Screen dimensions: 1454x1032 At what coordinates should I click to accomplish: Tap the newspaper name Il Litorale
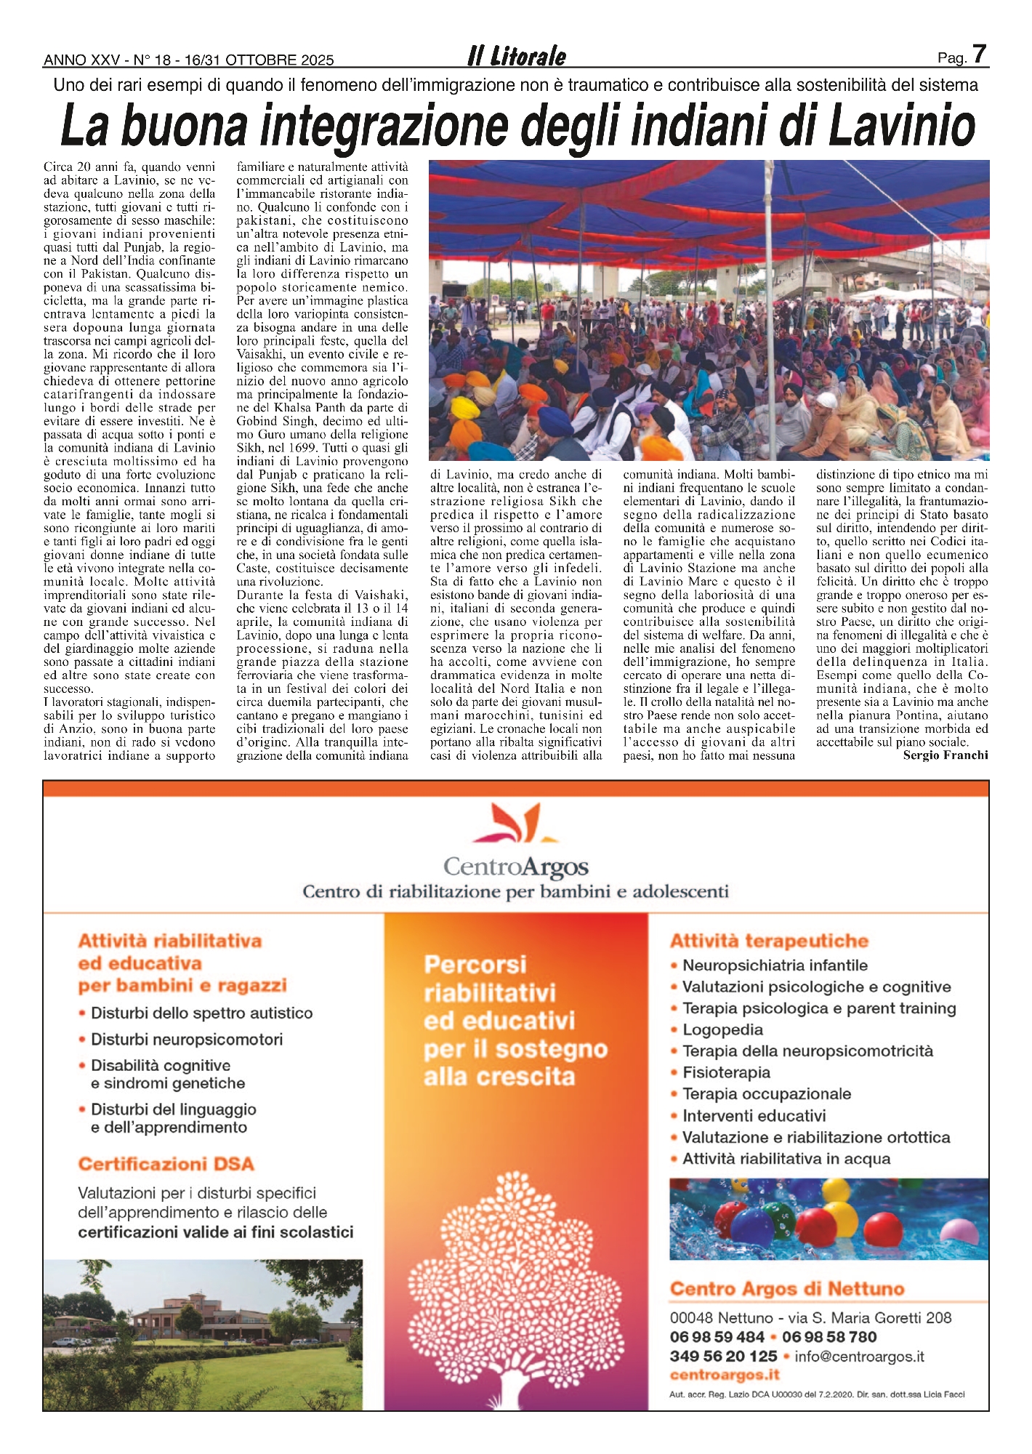[x=516, y=57]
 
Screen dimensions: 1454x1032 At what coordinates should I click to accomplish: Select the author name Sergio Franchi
[x=945, y=755]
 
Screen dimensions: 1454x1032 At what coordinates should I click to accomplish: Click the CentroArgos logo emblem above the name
[x=516, y=822]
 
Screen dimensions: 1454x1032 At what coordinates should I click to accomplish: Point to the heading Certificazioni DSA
[x=166, y=1164]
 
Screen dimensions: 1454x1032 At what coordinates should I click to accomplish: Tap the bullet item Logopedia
[x=722, y=1029]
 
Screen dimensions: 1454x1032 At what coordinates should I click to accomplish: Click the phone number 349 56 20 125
[x=723, y=1356]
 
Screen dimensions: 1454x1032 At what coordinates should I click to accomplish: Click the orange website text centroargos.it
[x=725, y=1375]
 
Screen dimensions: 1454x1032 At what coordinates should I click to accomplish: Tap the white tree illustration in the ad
[x=515, y=1287]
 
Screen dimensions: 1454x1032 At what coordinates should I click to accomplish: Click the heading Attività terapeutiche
[x=769, y=941]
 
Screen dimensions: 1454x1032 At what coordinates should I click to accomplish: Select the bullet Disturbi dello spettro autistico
[x=201, y=1013]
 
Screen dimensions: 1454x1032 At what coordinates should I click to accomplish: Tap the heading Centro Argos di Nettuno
[x=787, y=1289]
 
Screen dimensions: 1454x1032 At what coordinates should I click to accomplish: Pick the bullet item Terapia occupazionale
[x=766, y=1094]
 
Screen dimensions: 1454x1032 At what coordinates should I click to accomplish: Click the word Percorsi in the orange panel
[x=475, y=965]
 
